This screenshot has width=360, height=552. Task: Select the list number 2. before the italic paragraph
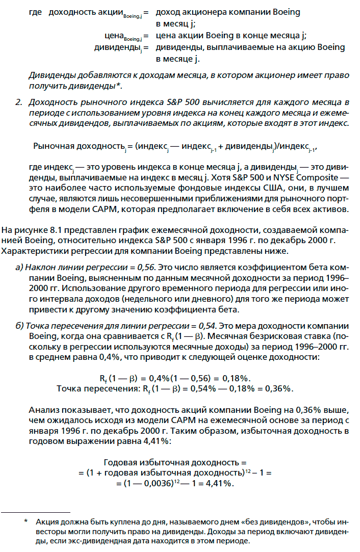(19, 103)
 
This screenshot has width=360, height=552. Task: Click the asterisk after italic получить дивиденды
(118, 85)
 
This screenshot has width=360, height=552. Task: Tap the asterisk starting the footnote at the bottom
(27, 522)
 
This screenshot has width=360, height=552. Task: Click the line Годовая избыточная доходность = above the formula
(171, 463)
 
